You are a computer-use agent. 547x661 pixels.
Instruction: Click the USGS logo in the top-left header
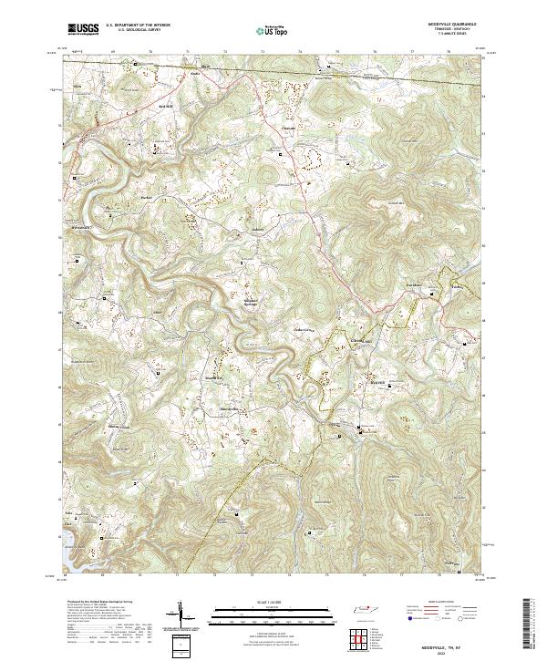tap(83, 29)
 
